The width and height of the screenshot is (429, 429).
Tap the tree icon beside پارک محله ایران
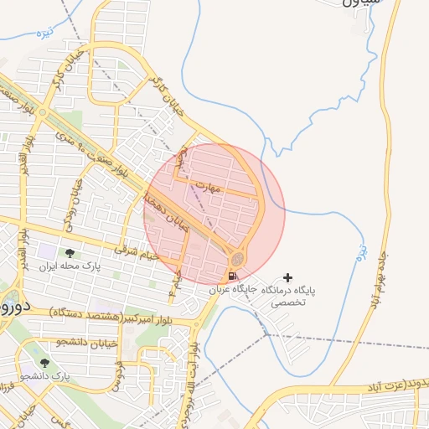coord(70,252)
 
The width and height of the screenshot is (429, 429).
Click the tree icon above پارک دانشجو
coord(44,364)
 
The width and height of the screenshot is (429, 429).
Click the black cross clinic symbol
coord(289,277)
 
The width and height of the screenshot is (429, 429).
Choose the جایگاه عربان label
coord(231,290)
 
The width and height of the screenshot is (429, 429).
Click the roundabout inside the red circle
coord(238,258)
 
